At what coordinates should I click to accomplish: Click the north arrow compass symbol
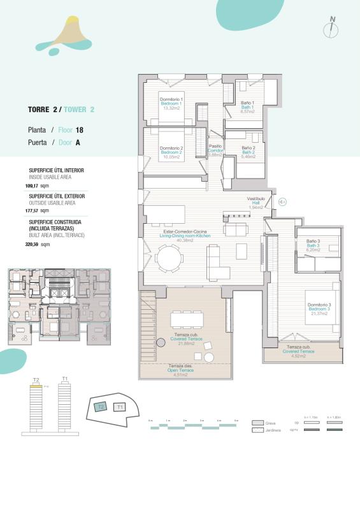(x=333, y=27)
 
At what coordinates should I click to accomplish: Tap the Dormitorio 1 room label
(x=171, y=99)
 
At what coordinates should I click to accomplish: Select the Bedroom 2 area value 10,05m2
(x=171, y=157)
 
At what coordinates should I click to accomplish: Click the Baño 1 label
(x=247, y=103)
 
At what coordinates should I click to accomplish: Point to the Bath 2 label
(x=248, y=152)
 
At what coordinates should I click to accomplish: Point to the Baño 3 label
(x=312, y=241)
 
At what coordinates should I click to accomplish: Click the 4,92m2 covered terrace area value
(x=298, y=356)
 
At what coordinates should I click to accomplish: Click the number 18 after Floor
(x=80, y=129)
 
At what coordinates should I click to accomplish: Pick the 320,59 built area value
(x=32, y=244)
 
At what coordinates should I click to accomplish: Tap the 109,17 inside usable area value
(x=32, y=186)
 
